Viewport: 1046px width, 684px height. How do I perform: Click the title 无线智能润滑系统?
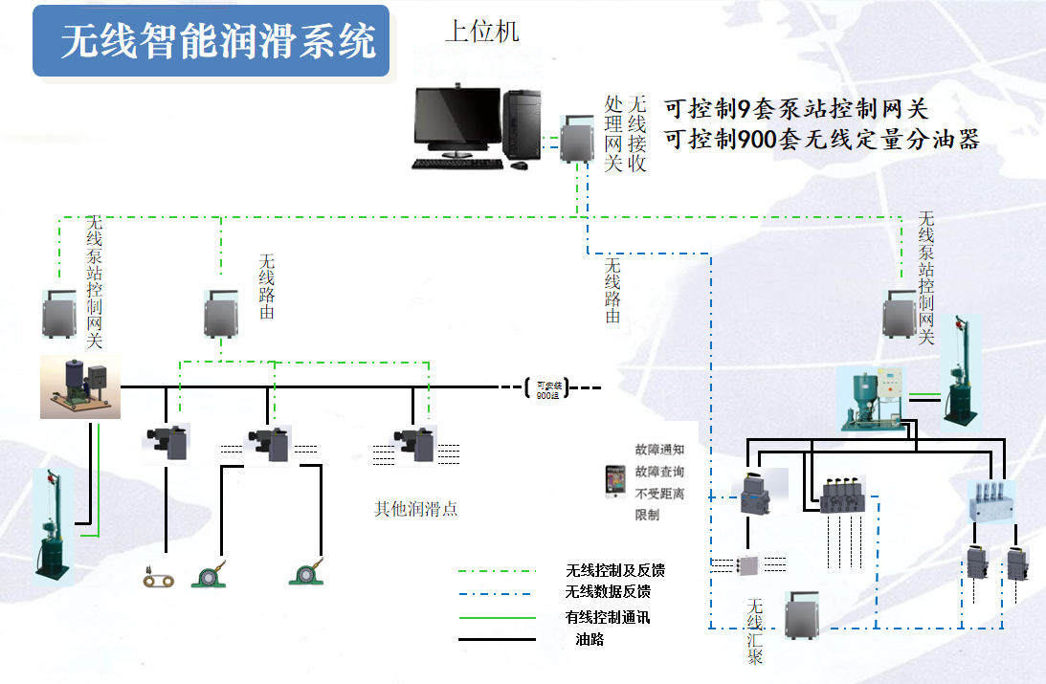pos(218,42)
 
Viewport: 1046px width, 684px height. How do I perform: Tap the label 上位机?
pos(481,32)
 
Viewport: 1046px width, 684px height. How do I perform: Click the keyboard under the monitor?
pos(457,164)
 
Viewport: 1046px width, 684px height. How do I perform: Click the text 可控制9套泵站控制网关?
pos(796,109)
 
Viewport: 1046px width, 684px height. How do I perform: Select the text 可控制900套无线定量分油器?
pos(821,140)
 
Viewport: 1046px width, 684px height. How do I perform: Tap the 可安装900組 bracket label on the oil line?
pos(546,388)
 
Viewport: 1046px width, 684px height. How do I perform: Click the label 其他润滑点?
pos(415,509)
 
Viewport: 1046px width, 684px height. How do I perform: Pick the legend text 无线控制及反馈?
pos(614,570)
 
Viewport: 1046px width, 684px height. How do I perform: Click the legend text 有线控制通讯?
pos(608,617)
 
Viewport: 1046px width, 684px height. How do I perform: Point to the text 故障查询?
pos(659,472)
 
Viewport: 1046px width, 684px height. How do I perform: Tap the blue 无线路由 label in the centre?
pos(612,290)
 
